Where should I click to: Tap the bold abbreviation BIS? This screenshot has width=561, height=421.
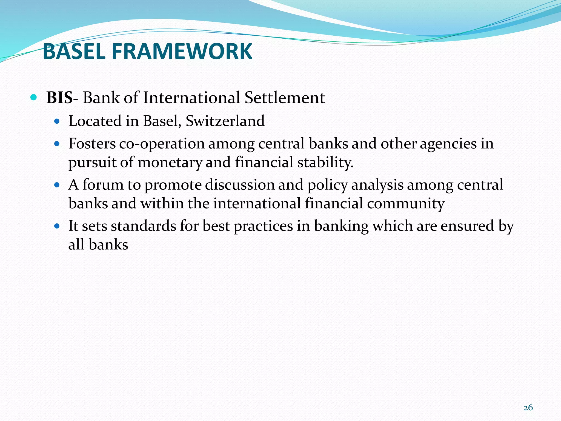click(x=59, y=98)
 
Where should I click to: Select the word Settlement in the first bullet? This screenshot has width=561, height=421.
click(x=285, y=98)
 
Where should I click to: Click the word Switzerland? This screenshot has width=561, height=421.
click(x=225, y=121)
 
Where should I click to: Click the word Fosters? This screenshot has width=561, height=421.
click(x=92, y=144)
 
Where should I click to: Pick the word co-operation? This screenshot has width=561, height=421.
click(x=162, y=144)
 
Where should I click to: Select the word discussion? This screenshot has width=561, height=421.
click(x=240, y=184)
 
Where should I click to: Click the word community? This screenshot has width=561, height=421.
click(x=405, y=204)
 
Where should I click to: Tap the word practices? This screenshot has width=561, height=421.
click(x=263, y=226)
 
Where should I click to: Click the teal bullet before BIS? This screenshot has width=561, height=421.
click(x=33, y=97)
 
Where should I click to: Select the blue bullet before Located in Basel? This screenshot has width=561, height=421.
click(x=57, y=121)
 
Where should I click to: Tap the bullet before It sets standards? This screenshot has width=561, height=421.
click(x=57, y=226)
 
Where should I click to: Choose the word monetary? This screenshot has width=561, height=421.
click(x=170, y=162)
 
